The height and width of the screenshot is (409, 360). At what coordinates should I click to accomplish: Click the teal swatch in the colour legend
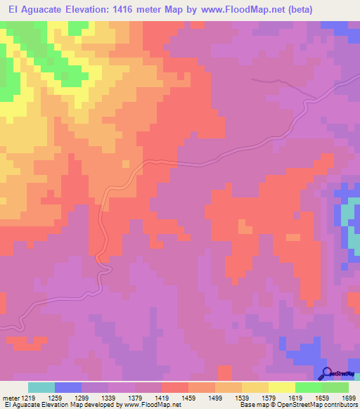click(x=41, y=387)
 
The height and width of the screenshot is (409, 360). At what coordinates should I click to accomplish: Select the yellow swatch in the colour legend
click(x=282, y=387)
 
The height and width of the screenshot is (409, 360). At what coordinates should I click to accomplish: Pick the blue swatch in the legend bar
click(x=68, y=387)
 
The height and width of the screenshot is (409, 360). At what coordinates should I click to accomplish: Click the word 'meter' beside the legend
click(x=11, y=398)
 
